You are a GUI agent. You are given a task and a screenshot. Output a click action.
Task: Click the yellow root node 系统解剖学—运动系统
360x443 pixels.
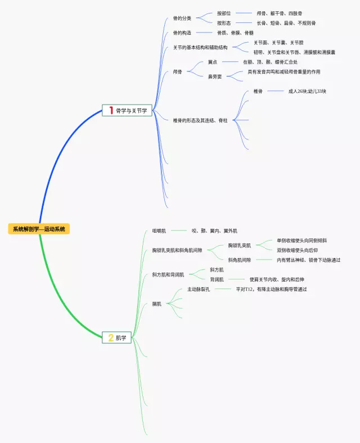click(39, 229)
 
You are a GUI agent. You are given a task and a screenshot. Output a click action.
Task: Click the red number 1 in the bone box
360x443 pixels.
click(111, 111)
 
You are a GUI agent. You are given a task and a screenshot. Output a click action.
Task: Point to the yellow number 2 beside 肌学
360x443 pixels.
click(111, 338)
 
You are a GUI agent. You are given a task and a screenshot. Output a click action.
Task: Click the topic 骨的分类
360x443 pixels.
click(182, 18)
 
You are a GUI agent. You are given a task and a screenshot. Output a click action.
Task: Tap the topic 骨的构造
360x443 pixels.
click(182, 33)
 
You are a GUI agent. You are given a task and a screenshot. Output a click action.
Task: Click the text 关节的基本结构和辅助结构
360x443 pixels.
click(201, 47)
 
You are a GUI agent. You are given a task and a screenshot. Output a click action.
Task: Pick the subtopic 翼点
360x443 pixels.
click(213, 62)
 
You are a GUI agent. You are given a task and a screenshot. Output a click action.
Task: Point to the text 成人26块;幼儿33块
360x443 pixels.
click(307, 91)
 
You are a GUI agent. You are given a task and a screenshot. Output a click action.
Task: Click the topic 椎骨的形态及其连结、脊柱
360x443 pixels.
click(200, 120)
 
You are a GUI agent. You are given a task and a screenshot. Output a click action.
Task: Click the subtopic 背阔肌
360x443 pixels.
click(217, 279)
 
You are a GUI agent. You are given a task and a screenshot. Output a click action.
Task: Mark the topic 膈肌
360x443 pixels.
click(157, 304)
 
